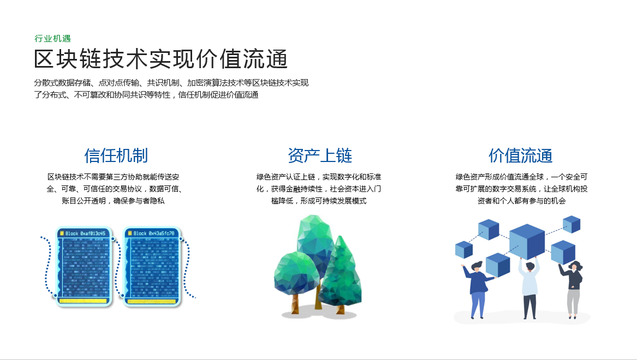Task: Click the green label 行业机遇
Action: click(x=52, y=38)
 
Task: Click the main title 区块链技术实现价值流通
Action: click(x=161, y=59)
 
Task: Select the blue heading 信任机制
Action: click(x=116, y=155)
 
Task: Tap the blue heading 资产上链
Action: click(x=320, y=155)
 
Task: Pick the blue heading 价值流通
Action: click(x=520, y=155)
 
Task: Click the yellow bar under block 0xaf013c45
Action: click(x=83, y=301)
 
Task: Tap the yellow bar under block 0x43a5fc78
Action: click(x=151, y=301)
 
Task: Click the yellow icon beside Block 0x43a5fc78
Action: click(x=129, y=233)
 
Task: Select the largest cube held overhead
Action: click(x=527, y=242)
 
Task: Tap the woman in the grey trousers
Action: click(x=573, y=289)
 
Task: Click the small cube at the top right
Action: click(x=571, y=224)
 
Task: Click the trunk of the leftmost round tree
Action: click(x=295, y=303)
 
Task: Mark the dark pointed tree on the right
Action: click(x=340, y=273)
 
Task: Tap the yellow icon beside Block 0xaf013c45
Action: click(x=62, y=233)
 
